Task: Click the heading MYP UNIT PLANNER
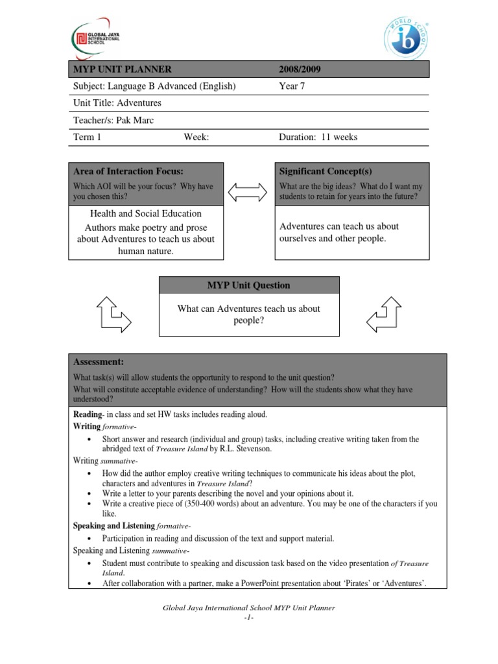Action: pos(122,69)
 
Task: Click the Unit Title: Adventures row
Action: pos(117,103)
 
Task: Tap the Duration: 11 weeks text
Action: pos(318,137)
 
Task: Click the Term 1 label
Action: pos(87,137)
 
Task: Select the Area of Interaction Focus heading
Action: pos(128,171)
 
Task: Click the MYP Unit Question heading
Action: pos(248,285)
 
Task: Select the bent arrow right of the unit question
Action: pos(385,314)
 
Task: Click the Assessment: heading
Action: pos(98,362)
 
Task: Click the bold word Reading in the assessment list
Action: pos(87,414)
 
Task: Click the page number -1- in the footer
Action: pos(248,616)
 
